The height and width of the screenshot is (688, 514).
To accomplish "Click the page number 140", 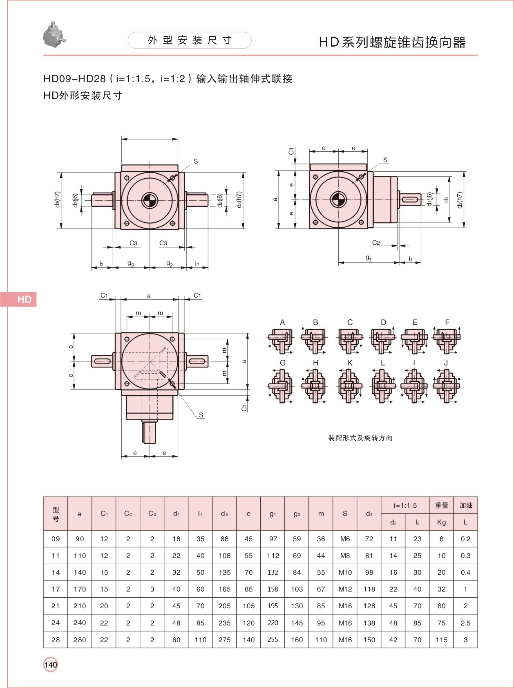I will coord(51,665).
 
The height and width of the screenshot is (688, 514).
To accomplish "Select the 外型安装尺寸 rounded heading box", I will coord(190,40).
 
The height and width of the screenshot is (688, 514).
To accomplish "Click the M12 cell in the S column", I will coord(345,589).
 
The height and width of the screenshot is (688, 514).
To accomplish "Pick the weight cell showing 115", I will coord(441,640).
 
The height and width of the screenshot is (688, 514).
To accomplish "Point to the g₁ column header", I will coord(273,514).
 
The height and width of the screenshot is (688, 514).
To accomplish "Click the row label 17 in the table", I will coord(56,589).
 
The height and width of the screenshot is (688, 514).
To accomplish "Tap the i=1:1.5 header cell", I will coord(405,505).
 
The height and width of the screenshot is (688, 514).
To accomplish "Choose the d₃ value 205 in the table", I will coord(224,606).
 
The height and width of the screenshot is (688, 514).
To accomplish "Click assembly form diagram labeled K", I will coord(349,385).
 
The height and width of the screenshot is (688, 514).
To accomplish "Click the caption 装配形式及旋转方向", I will coord(360,438).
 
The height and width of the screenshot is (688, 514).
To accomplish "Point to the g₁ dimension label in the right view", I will coord(369,258).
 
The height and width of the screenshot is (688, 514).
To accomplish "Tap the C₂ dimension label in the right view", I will coord(376,242).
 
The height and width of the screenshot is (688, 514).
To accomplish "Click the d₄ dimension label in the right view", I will coord(447,199).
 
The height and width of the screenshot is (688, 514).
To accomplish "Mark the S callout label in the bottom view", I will coord(201,415).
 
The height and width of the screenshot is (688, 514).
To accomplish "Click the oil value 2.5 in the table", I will coord(465,623).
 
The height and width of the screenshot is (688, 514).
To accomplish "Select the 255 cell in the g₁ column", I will coord(273,640).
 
